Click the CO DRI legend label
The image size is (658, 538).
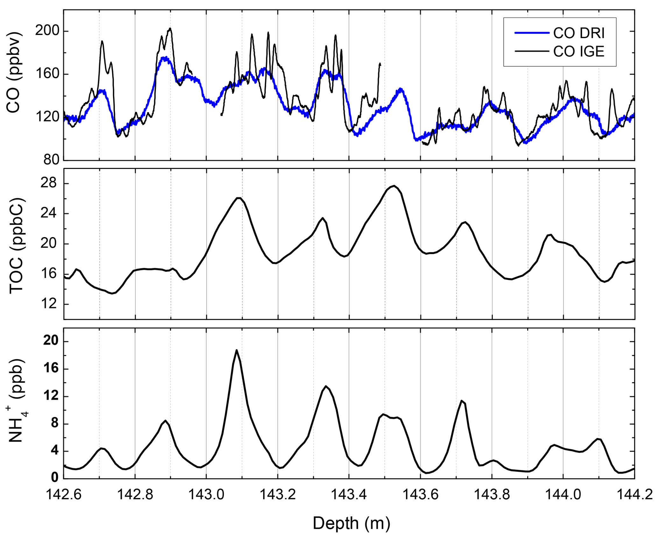[x=578, y=33]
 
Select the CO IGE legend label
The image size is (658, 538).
[x=578, y=52]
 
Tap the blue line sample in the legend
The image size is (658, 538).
[x=532, y=33]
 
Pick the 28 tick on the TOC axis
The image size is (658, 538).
[x=49, y=183]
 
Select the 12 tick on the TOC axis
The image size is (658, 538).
[x=49, y=304]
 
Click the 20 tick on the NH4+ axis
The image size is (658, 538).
[x=51, y=341]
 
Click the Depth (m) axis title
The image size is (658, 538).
[x=351, y=523]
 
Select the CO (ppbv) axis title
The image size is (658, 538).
[x=13, y=73]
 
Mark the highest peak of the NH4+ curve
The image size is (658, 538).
[x=237, y=350]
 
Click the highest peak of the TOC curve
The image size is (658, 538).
[x=394, y=185]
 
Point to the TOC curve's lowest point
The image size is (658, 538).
[x=112, y=293]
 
